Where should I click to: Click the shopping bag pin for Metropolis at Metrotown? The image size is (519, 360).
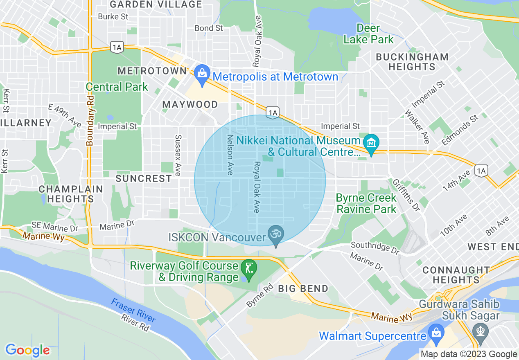pos(201,74)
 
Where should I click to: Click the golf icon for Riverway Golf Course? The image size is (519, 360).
pos(249,269)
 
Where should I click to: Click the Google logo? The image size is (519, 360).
pos(27,350)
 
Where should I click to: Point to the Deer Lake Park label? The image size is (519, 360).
pos(368,34)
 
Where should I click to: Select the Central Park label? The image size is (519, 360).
pos(117,87)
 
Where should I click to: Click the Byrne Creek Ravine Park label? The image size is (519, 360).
pos(366,203)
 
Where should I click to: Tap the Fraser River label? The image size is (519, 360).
pos(133,310)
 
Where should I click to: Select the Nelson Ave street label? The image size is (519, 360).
pos(230,155)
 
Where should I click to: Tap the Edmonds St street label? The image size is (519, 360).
pos(460,130)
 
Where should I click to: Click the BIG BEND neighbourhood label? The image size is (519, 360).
pos(303,288)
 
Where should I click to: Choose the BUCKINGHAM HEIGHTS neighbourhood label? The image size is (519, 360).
pos(412,62)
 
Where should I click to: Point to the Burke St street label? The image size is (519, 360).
pos(113,17)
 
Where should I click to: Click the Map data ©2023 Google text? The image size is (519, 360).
pos(469,354)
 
